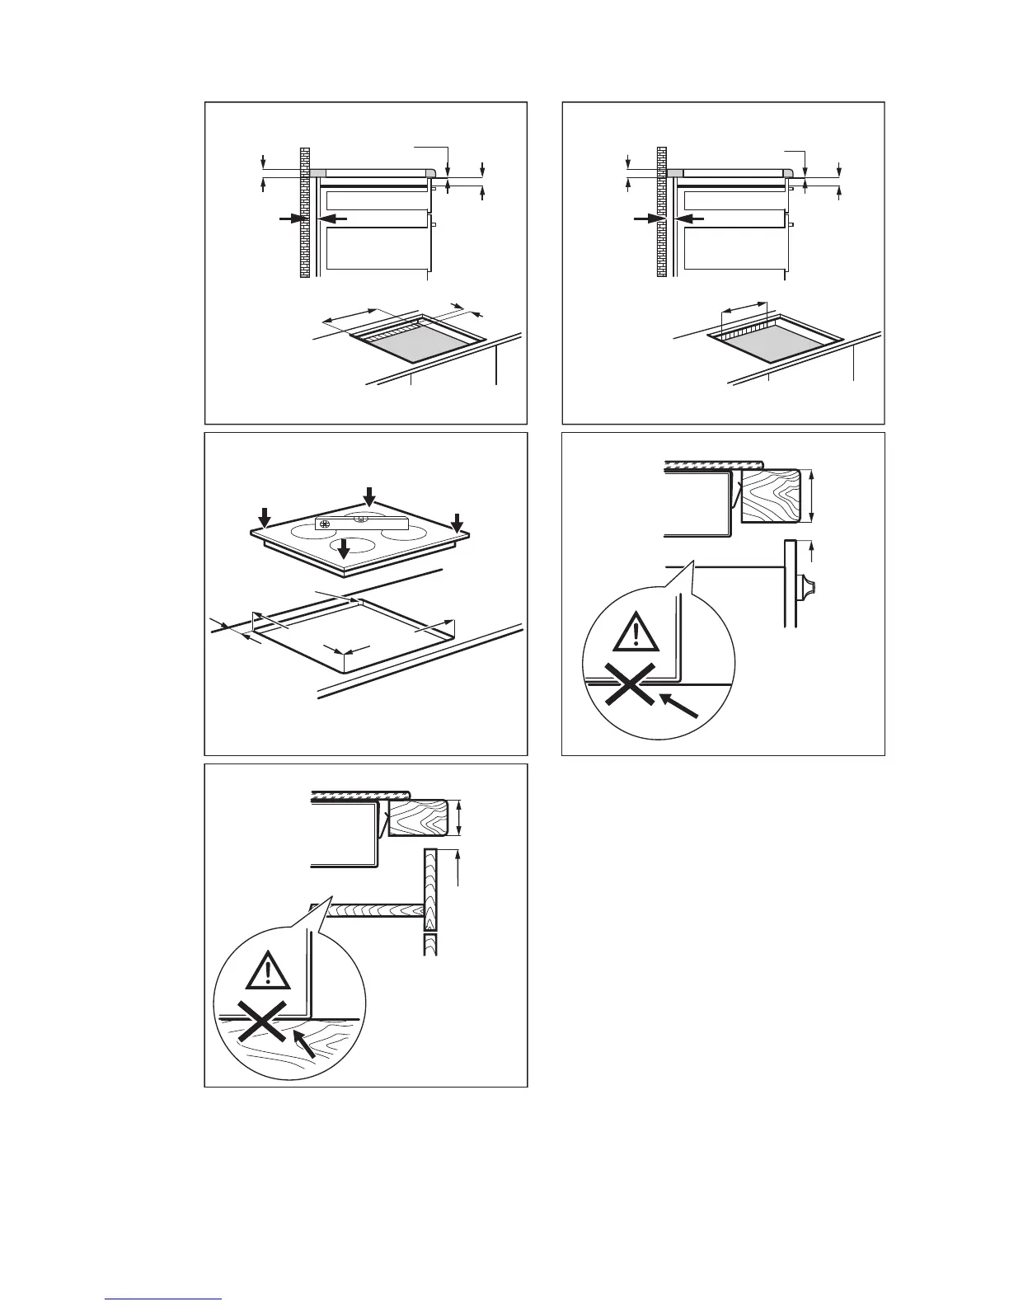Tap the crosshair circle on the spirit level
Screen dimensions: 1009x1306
(x=324, y=524)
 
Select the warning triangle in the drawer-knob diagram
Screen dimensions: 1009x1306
(x=636, y=635)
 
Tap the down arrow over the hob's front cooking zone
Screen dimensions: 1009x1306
(x=345, y=548)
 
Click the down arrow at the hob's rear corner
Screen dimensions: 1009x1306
(x=369, y=496)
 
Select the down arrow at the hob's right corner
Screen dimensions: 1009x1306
(x=458, y=521)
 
